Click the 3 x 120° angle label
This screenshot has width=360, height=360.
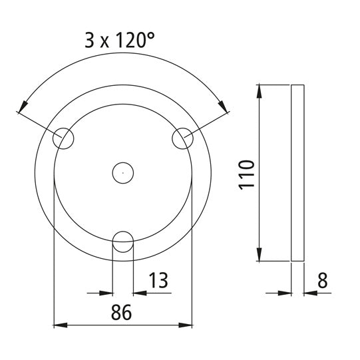coord(119,41)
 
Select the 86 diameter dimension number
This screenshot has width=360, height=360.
coord(122,311)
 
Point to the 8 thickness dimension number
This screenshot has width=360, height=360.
coord(323,280)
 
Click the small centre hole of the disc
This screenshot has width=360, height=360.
coord(122,173)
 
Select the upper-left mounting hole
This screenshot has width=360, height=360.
coord(65,138)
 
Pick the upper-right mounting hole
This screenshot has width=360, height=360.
coord(182,138)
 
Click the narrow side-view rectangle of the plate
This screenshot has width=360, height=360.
coord(298,173)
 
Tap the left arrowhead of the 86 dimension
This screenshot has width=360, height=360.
coord(59,325)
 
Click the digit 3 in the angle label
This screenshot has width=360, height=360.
coord(90,41)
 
